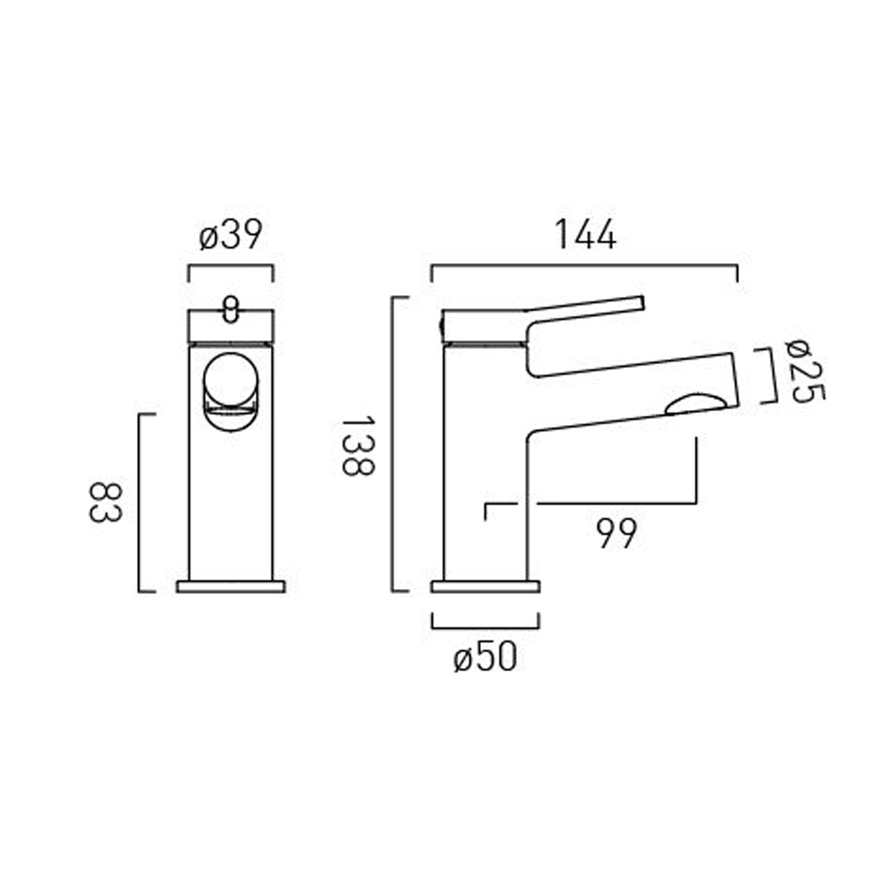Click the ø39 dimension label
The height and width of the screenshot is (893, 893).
pyautogui.click(x=230, y=235)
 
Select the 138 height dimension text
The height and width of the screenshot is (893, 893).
pyautogui.click(x=358, y=446)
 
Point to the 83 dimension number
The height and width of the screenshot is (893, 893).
pyautogui.click(x=105, y=503)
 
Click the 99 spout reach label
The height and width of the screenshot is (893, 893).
pyautogui.click(x=616, y=533)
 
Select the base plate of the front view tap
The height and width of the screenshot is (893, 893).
pyautogui.click(x=231, y=586)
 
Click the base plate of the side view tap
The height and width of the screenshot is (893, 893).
pyautogui.click(x=485, y=586)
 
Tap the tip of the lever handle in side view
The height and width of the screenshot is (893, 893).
pyautogui.click(x=640, y=302)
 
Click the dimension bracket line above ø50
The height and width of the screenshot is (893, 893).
pyautogui.click(x=485, y=627)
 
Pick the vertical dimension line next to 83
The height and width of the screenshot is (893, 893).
pyautogui.click(x=139, y=503)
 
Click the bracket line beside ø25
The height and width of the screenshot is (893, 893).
pyautogui.click(x=775, y=376)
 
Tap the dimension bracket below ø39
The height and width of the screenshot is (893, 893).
pyautogui.click(x=230, y=266)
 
